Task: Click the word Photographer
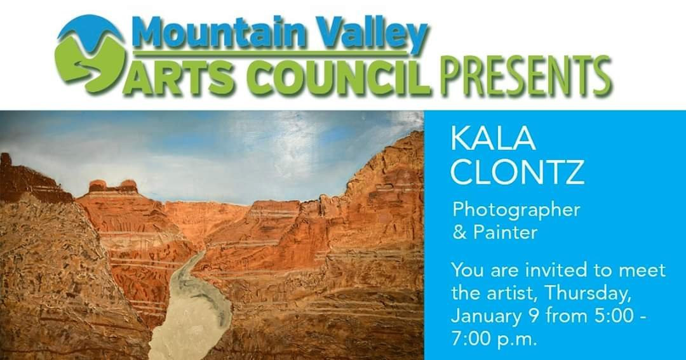pos(516,210)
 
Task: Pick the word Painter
pos(504,232)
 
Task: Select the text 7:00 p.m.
pos(494,338)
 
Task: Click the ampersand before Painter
pos(459,232)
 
